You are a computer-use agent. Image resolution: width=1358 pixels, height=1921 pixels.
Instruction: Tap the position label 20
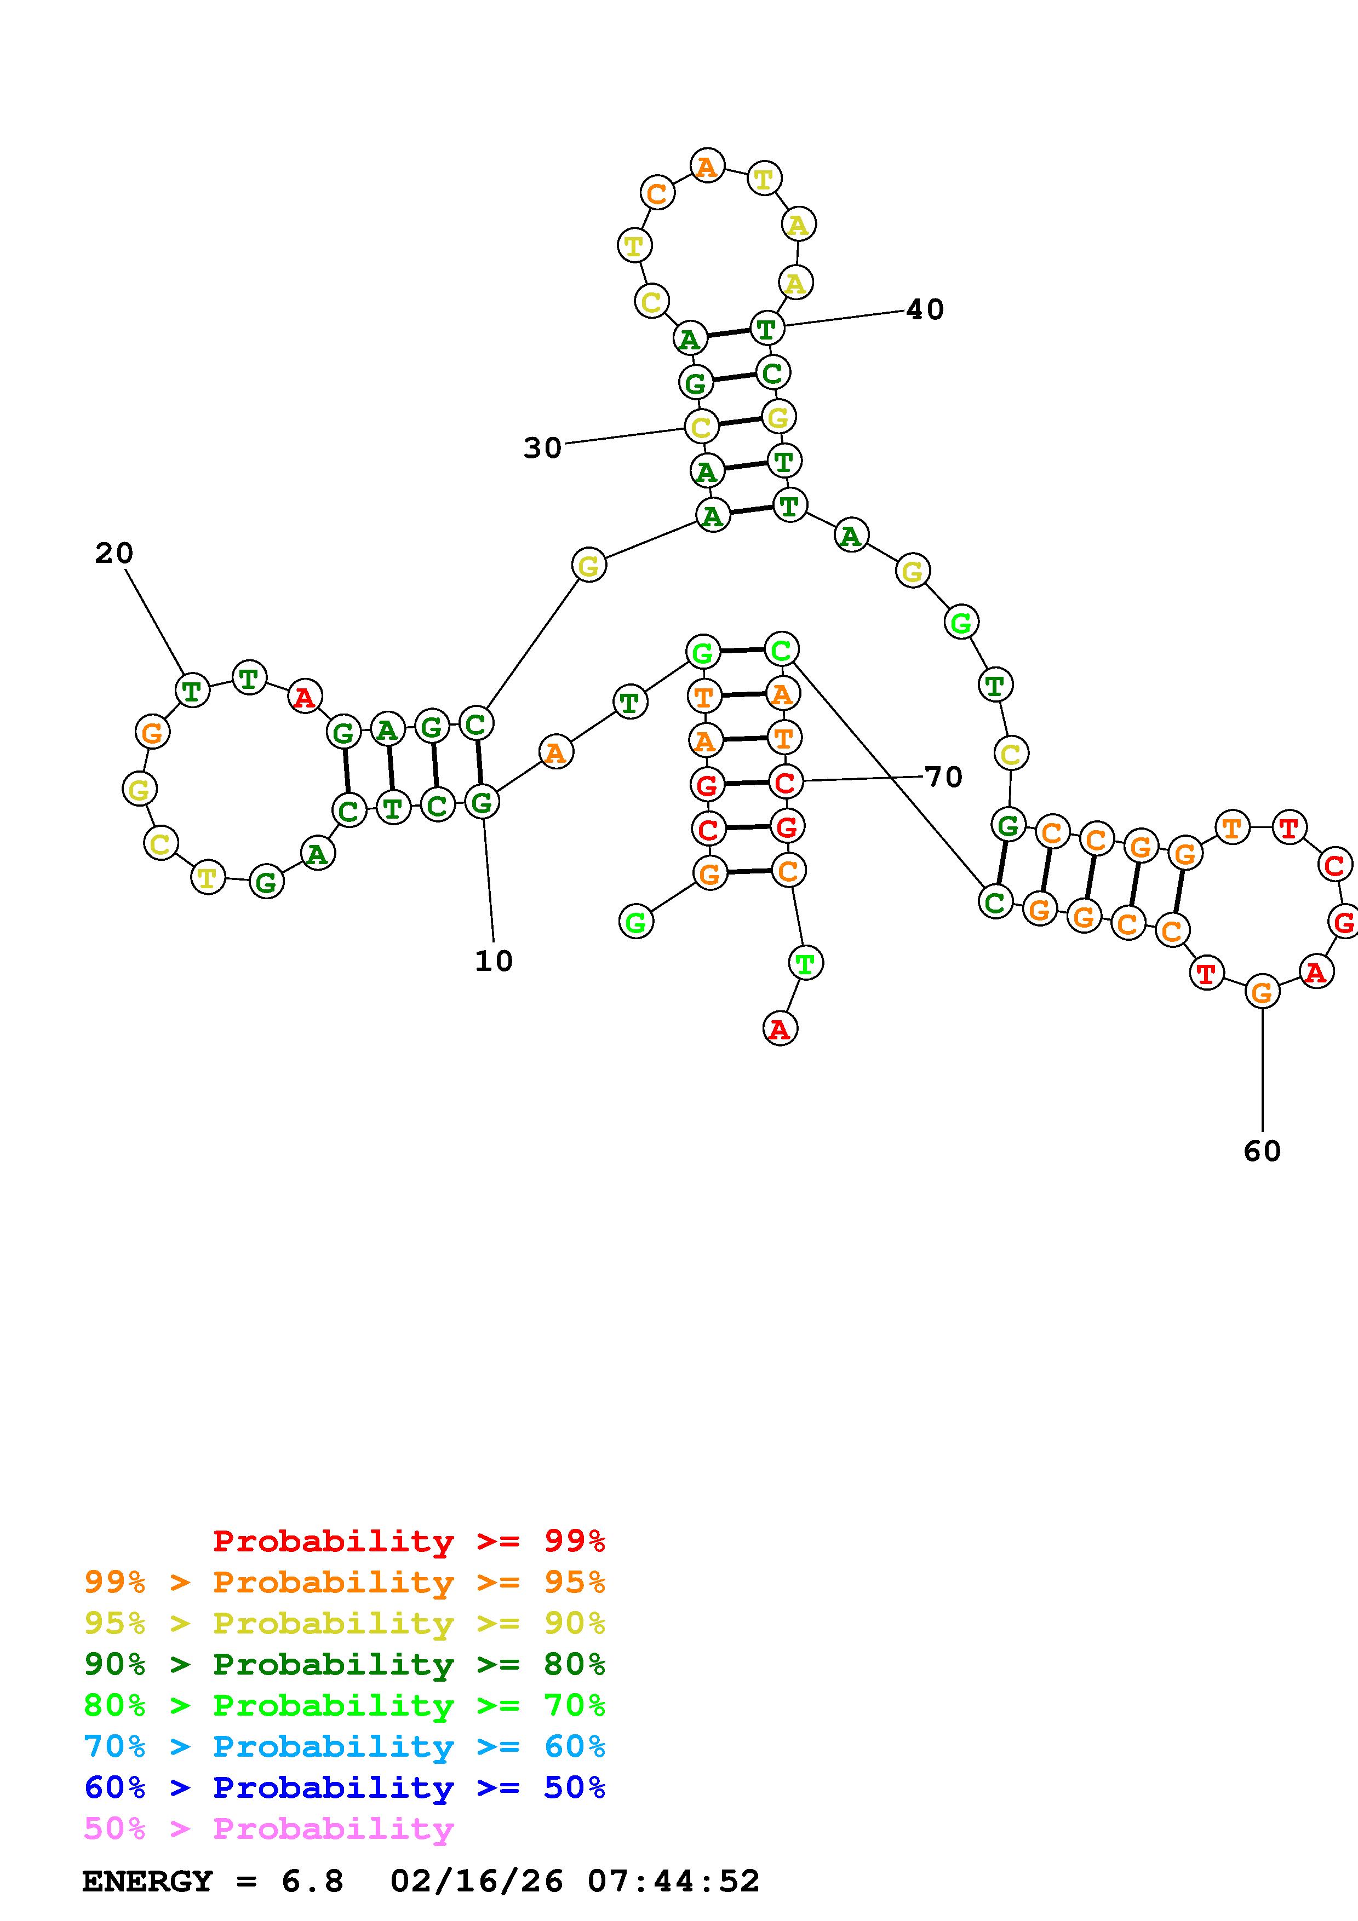click(x=114, y=553)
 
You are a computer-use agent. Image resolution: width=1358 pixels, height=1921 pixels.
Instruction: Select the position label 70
click(x=944, y=777)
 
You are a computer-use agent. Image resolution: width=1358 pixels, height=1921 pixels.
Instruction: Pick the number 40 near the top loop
click(x=925, y=309)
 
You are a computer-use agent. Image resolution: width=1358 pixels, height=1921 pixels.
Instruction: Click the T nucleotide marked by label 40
click(x=766, y=328)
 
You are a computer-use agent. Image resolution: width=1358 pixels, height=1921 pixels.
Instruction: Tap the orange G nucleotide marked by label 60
click(x=1262, y=992)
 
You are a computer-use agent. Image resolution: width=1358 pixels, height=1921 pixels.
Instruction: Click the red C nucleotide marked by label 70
click(x=785, y=783)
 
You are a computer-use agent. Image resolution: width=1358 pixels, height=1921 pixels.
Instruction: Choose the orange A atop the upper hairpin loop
click(x=707, y=166)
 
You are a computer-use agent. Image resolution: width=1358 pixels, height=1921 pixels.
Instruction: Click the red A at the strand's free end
click(x=780, y=1029)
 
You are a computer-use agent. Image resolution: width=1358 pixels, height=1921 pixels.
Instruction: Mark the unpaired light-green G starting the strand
click(x=636, y=922)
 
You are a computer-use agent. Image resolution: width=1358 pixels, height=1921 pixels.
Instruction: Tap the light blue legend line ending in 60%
click(x=344, y=1747)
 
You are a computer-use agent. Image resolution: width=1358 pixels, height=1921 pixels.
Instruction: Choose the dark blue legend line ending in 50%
click(x=344, y=1788)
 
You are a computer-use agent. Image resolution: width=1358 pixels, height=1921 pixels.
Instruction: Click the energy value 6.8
click(x=312, y=1882)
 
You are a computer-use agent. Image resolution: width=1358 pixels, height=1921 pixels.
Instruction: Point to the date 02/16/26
click(x=476, y=1882)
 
